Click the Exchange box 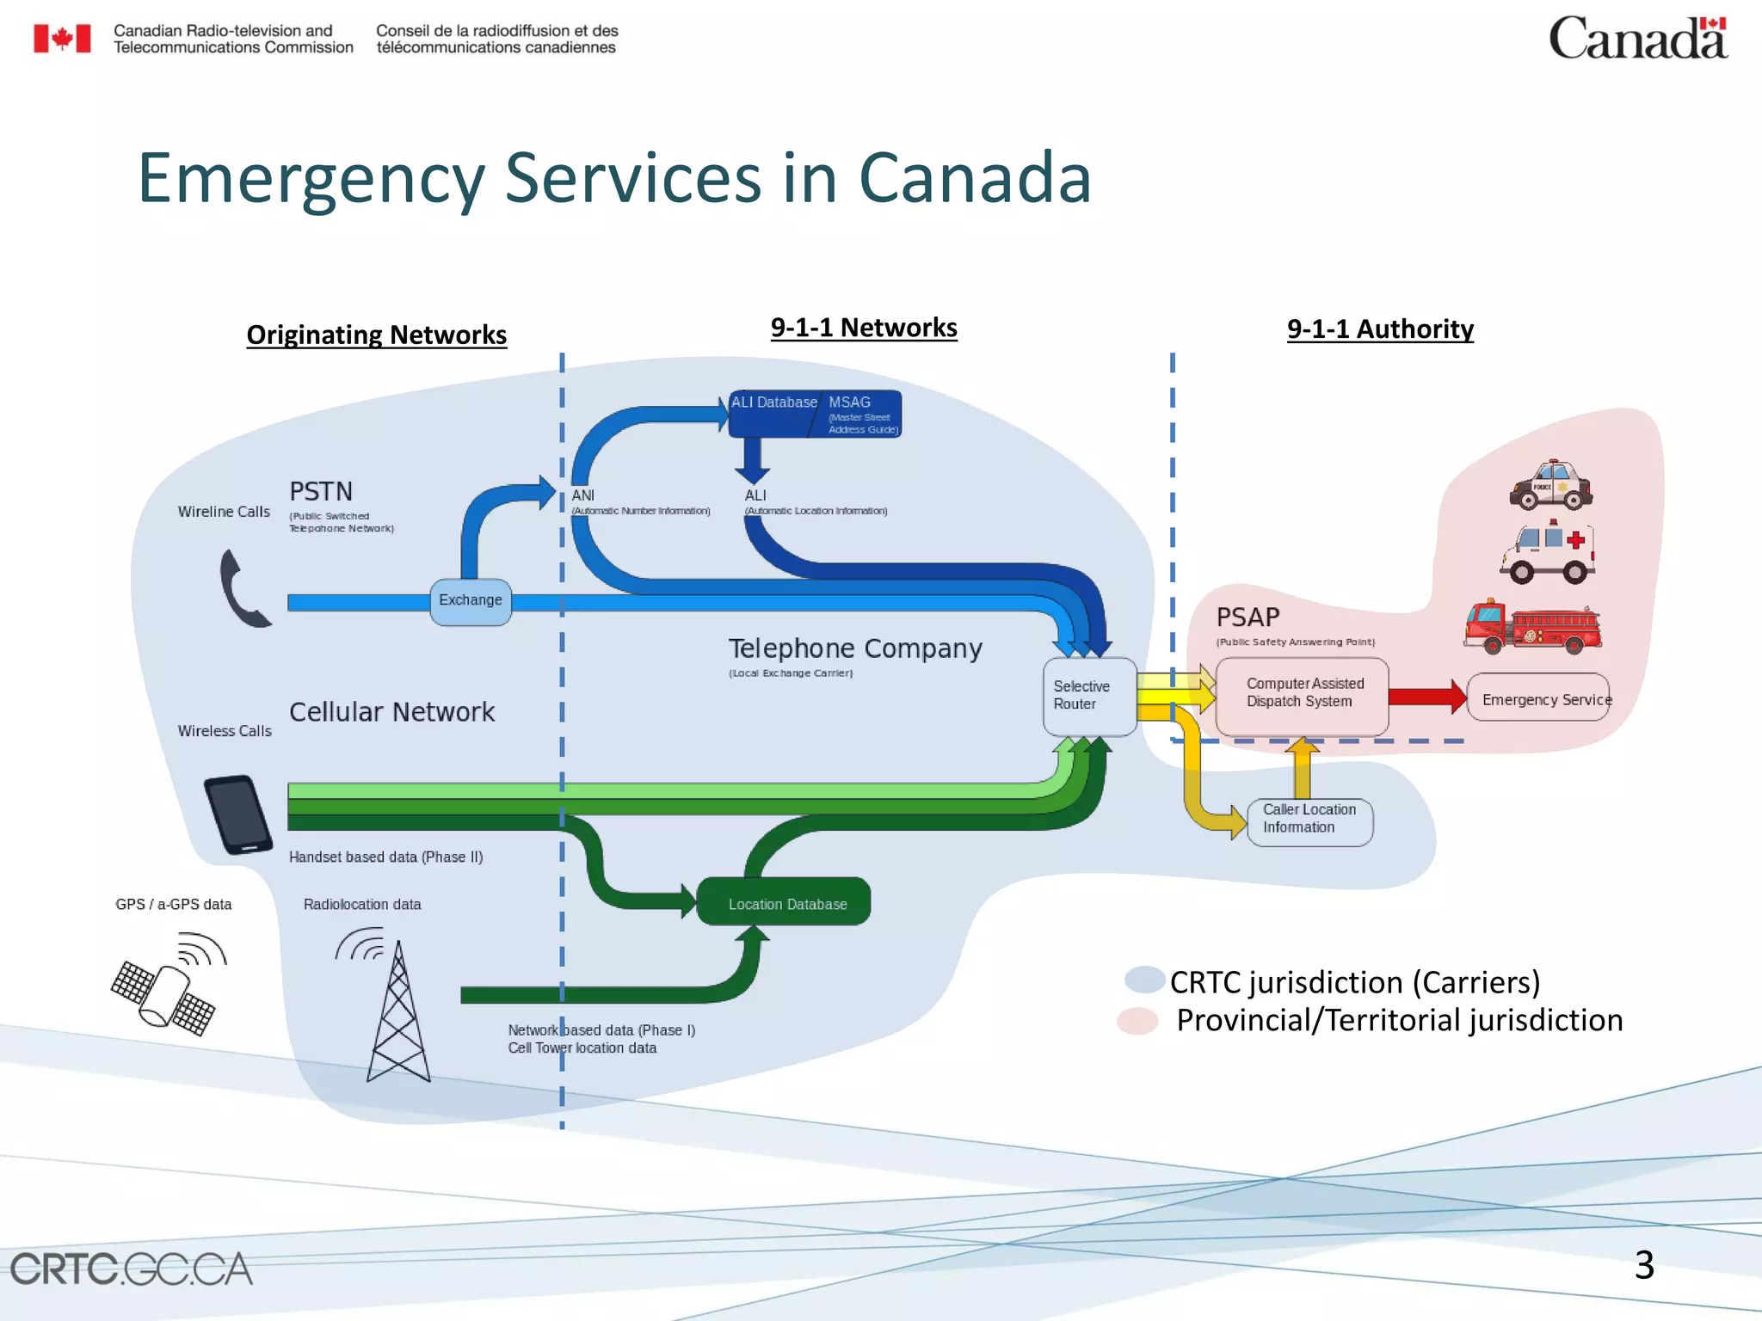(470, 601)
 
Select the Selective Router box (1088, 696)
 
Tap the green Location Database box (784, 902)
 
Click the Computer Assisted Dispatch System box (1302, 694)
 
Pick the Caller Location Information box (1309, 820)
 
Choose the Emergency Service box (1539, 698)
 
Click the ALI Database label (773, 403)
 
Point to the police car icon (1550, 487)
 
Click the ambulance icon (1548, 553)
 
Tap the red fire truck (1531, 627)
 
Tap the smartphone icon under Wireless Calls (238, 814)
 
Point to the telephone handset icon (242, 589)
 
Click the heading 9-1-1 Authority (1379, 329)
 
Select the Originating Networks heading (376, 335)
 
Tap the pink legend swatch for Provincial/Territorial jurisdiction (1137, 1021)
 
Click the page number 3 (1643, 1265)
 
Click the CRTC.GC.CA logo (131, 1269)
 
